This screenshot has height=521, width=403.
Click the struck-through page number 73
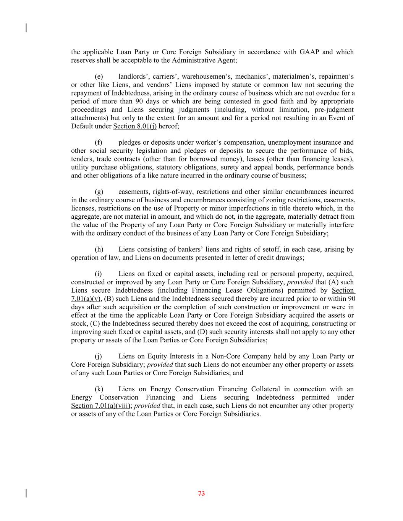[202, 494]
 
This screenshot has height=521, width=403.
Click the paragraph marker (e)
[99, 77]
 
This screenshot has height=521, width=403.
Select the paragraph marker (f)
[99, 142]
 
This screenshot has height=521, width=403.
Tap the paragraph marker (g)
[99, 192]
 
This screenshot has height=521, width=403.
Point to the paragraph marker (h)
[99, 250]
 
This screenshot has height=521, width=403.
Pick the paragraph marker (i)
[98, 274]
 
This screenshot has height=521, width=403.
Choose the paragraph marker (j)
[99, 356]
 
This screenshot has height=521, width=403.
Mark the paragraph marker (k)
[99, 389]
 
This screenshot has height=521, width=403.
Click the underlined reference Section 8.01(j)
[135, 126]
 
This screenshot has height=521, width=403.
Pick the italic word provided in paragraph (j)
[160, 365]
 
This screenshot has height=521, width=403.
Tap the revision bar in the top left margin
[26, 28]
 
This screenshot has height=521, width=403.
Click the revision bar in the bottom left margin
[26, 493]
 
